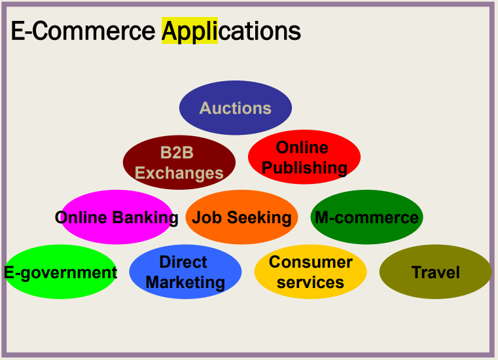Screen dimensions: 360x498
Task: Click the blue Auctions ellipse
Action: pyautogui.click(x=236, y=107)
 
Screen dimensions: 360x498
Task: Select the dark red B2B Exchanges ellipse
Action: pyautogui.click(x=179, y=163)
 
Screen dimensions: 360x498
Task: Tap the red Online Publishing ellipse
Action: pyautogui.click(x=304, y=157)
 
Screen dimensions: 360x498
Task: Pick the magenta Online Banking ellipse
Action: pyautogui.click(x=116, y=217)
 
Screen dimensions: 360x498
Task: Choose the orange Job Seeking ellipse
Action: pyautogui.click(x=241, y=217)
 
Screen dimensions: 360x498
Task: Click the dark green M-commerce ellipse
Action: pyautogui.click(x=366, y=217)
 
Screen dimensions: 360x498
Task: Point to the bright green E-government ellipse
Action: pyautogui.click(x=61, y=272)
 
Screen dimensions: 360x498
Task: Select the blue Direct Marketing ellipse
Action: pyautogui.click(x=185, y=272)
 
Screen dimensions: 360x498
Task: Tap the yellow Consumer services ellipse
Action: pyautogui.click(x=310, y=272)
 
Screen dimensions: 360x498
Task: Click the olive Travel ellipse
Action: pyautogui.click(x=435, y=272)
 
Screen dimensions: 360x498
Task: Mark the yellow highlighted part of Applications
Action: pyautogui.click(x=190, y=31)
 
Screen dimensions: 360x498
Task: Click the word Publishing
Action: pyautogui.click(x=304, y=168)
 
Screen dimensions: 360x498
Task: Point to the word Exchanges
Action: pyautogui.click(x=179, y=173)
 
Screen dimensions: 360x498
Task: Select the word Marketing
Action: pyautogui.click(x=185, y=283)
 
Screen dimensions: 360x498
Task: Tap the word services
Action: pyautogui.click(x=310, y=283)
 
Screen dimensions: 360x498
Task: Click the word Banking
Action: pyautogui.click(x=146, y=218)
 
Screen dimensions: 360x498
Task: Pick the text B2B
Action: pyautogui.click(x=177, y=153)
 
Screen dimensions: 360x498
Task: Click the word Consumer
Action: pyautogui.click(x=310, y=262)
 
